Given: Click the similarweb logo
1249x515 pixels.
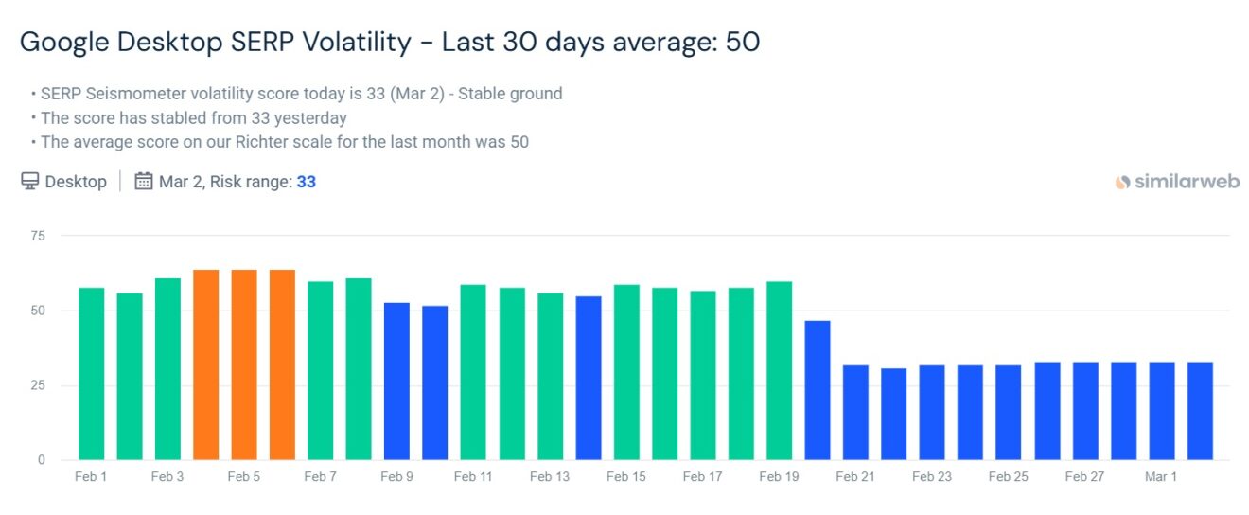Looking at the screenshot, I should (x=1177, y=182).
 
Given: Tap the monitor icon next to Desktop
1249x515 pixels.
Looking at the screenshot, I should (x=30, y=181).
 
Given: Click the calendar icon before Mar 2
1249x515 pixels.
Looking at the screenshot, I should (x=144, y=181).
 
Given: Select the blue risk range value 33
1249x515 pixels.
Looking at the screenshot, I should (x=306, y=182).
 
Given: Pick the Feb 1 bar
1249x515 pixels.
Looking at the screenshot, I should (x=92, y=374).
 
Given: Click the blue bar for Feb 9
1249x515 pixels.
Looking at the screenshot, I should (x=396, y=382).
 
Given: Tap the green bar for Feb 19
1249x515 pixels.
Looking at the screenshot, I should (x=779, y=371).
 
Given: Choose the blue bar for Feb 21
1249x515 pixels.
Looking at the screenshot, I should (x=855, y=413).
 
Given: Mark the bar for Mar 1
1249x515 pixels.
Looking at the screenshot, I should (x=1161, y=412).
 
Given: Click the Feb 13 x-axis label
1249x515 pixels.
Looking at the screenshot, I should (x=550, y=477).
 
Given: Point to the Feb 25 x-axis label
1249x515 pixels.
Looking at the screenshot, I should (x=1008, y=477).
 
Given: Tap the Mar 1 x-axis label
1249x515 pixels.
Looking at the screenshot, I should (x=1161, y=477).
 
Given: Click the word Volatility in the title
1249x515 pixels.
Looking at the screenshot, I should (x=356, y=43).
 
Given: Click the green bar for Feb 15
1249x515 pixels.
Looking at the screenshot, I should (x=626, y=372).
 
